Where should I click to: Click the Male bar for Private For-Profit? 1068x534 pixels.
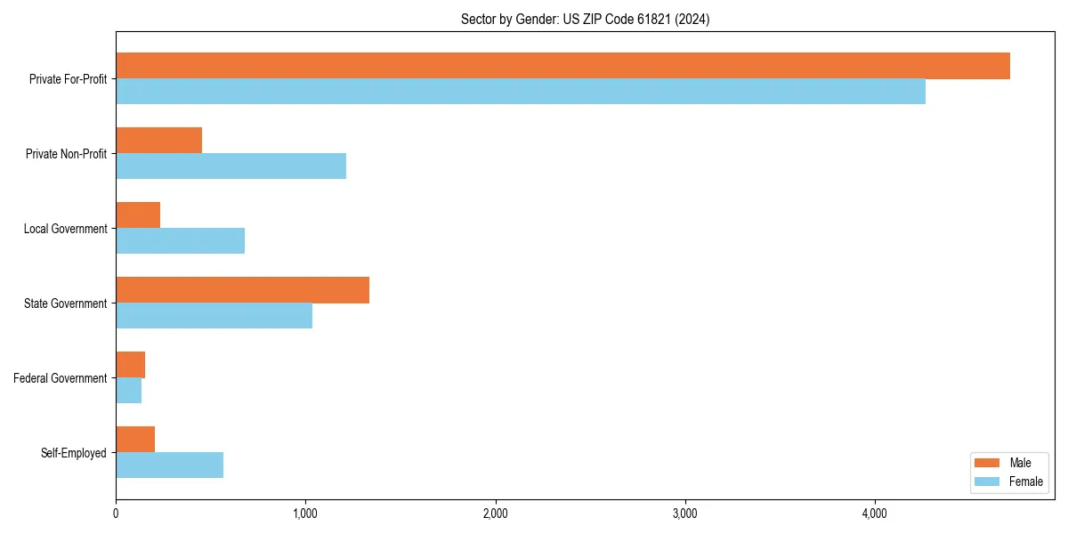tap(562, 66)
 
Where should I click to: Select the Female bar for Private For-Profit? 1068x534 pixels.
tap(521, 92)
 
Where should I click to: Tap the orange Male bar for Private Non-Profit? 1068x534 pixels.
tap(158, 141)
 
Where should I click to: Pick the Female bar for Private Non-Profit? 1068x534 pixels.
tap(231, 166)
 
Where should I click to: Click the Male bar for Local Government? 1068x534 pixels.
tap(138, 215)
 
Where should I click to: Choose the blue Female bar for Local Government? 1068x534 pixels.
tap(180, 241)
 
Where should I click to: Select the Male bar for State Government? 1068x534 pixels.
tap(242, 290)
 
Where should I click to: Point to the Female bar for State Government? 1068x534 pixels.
tap(214, 316)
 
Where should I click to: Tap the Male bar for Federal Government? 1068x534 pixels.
tap(130, 365)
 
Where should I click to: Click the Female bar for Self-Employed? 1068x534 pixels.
tap(169, 465)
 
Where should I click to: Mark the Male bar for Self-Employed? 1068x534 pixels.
tap(135, 440)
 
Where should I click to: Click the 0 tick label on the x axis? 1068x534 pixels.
tap(116, 514)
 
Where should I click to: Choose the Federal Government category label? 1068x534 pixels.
tap(61, 378)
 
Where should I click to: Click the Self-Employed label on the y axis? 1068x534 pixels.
tap(74, 453)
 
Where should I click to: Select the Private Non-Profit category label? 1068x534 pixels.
tap(66, 154)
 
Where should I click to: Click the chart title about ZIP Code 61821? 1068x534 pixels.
tap(585, 19)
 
